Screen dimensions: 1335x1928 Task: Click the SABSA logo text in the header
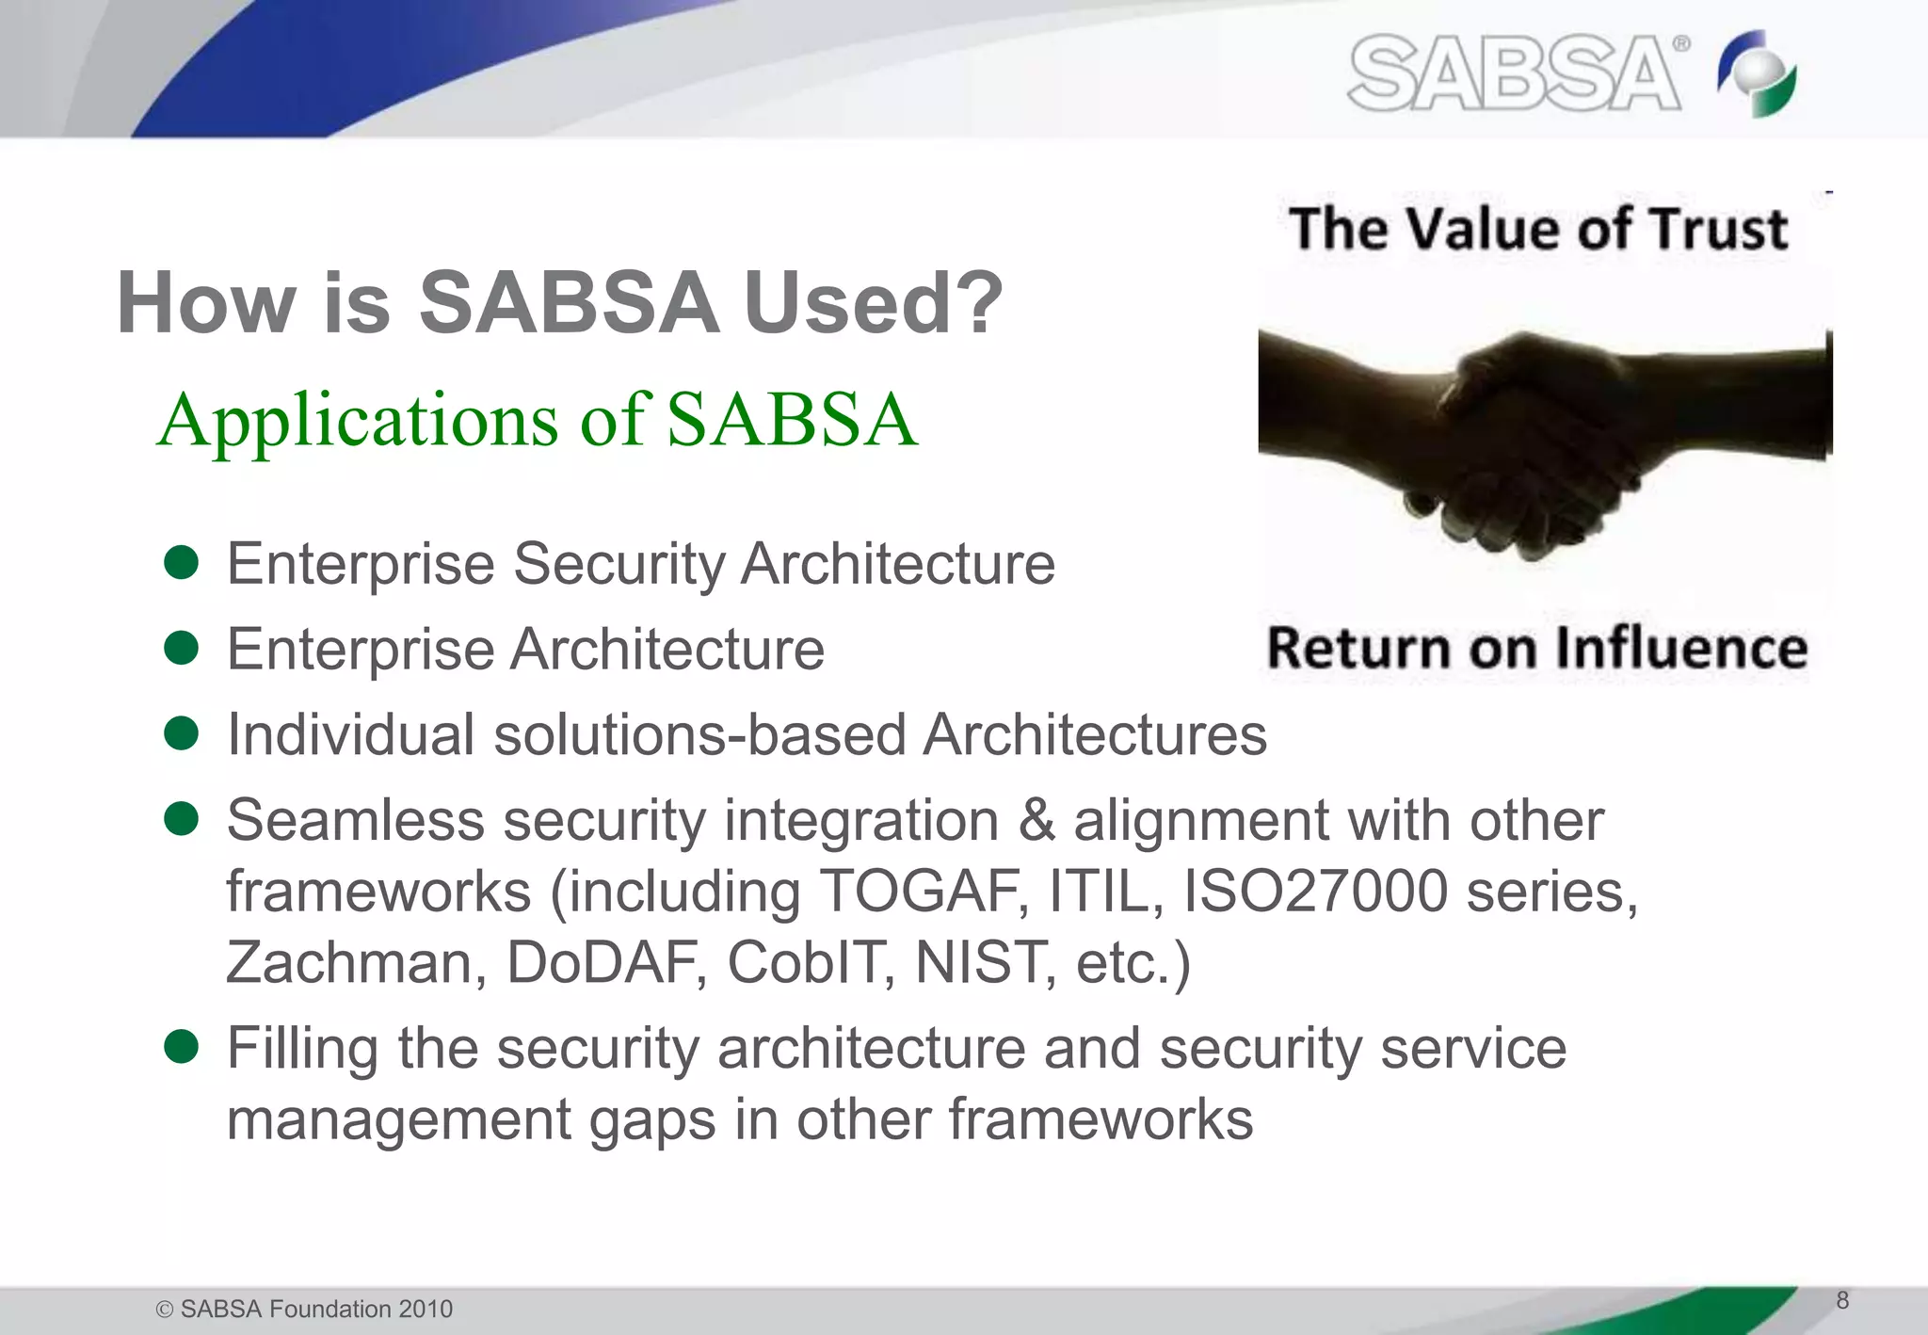1514,73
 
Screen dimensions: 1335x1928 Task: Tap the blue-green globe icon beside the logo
1757,74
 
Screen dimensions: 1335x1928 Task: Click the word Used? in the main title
874,303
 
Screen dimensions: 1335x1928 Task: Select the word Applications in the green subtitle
358,421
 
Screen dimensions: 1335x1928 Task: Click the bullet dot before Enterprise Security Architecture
181,563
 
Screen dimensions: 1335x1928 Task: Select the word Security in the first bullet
619,564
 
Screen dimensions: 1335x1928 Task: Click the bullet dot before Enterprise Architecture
181,648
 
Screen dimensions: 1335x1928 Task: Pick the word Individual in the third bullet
350,734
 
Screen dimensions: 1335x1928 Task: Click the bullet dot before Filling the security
181,1046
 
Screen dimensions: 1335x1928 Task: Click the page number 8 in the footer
1842,1301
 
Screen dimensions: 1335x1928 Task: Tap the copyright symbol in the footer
165,1310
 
